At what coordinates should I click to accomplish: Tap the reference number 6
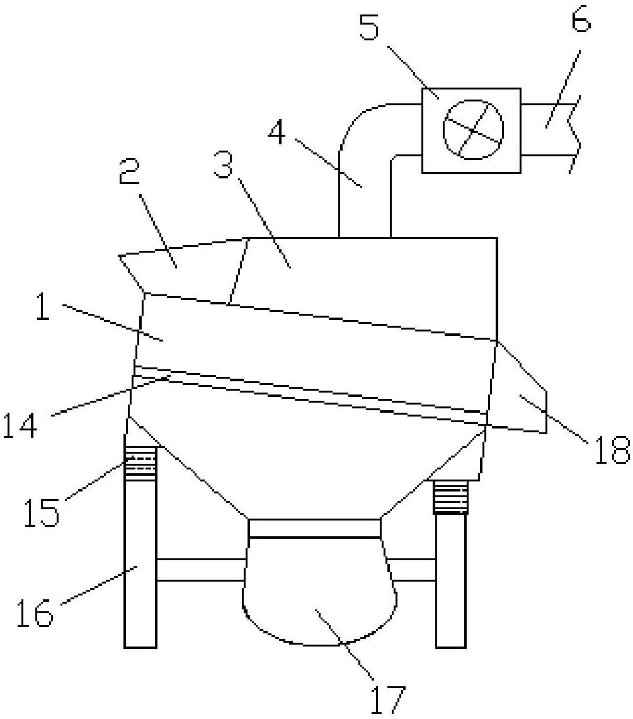click(x=580, y=18)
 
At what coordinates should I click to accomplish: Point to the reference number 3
click(x=223, y=166)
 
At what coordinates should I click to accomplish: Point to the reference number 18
click(x=612, y=451)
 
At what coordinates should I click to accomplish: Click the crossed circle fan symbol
click(x=473, y=129)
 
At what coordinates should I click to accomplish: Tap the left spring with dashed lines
click(x=140, y=464)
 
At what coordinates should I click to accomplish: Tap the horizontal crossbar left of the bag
click(x=201, y=570)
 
